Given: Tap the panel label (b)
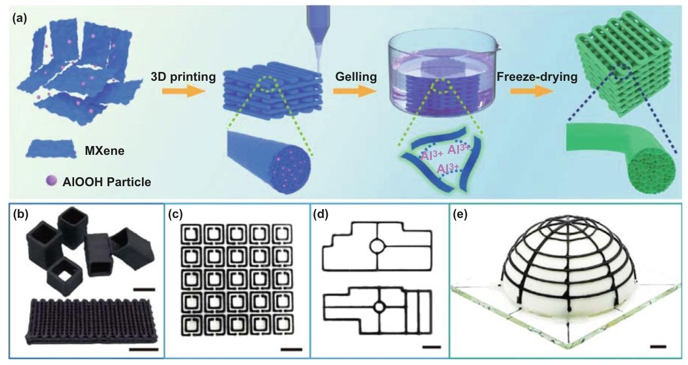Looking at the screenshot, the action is tap(21, 215).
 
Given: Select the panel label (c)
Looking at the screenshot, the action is tap(175, 215).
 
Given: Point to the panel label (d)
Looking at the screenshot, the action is tap(321, 215).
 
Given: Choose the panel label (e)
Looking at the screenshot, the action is tap(460, 215).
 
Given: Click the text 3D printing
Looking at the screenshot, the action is tap(183, 77).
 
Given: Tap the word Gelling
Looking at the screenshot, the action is tap(356, 77).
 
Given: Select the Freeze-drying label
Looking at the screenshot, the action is tap(537, 77).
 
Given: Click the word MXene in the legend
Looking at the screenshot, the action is tap(105, 151).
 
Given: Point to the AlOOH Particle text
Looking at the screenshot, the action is tap(106, 182).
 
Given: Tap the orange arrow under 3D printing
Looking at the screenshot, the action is tap(183, 91).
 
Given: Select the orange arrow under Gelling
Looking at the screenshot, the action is tap(354, 91).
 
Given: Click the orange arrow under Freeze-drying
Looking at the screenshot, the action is tap(532, 91).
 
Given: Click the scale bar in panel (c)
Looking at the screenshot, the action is tap(291, 349).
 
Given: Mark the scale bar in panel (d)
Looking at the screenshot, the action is tap(432, 347).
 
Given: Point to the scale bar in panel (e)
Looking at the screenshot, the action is tap(658, 347).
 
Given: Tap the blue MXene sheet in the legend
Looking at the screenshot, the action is tap(51, 149).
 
